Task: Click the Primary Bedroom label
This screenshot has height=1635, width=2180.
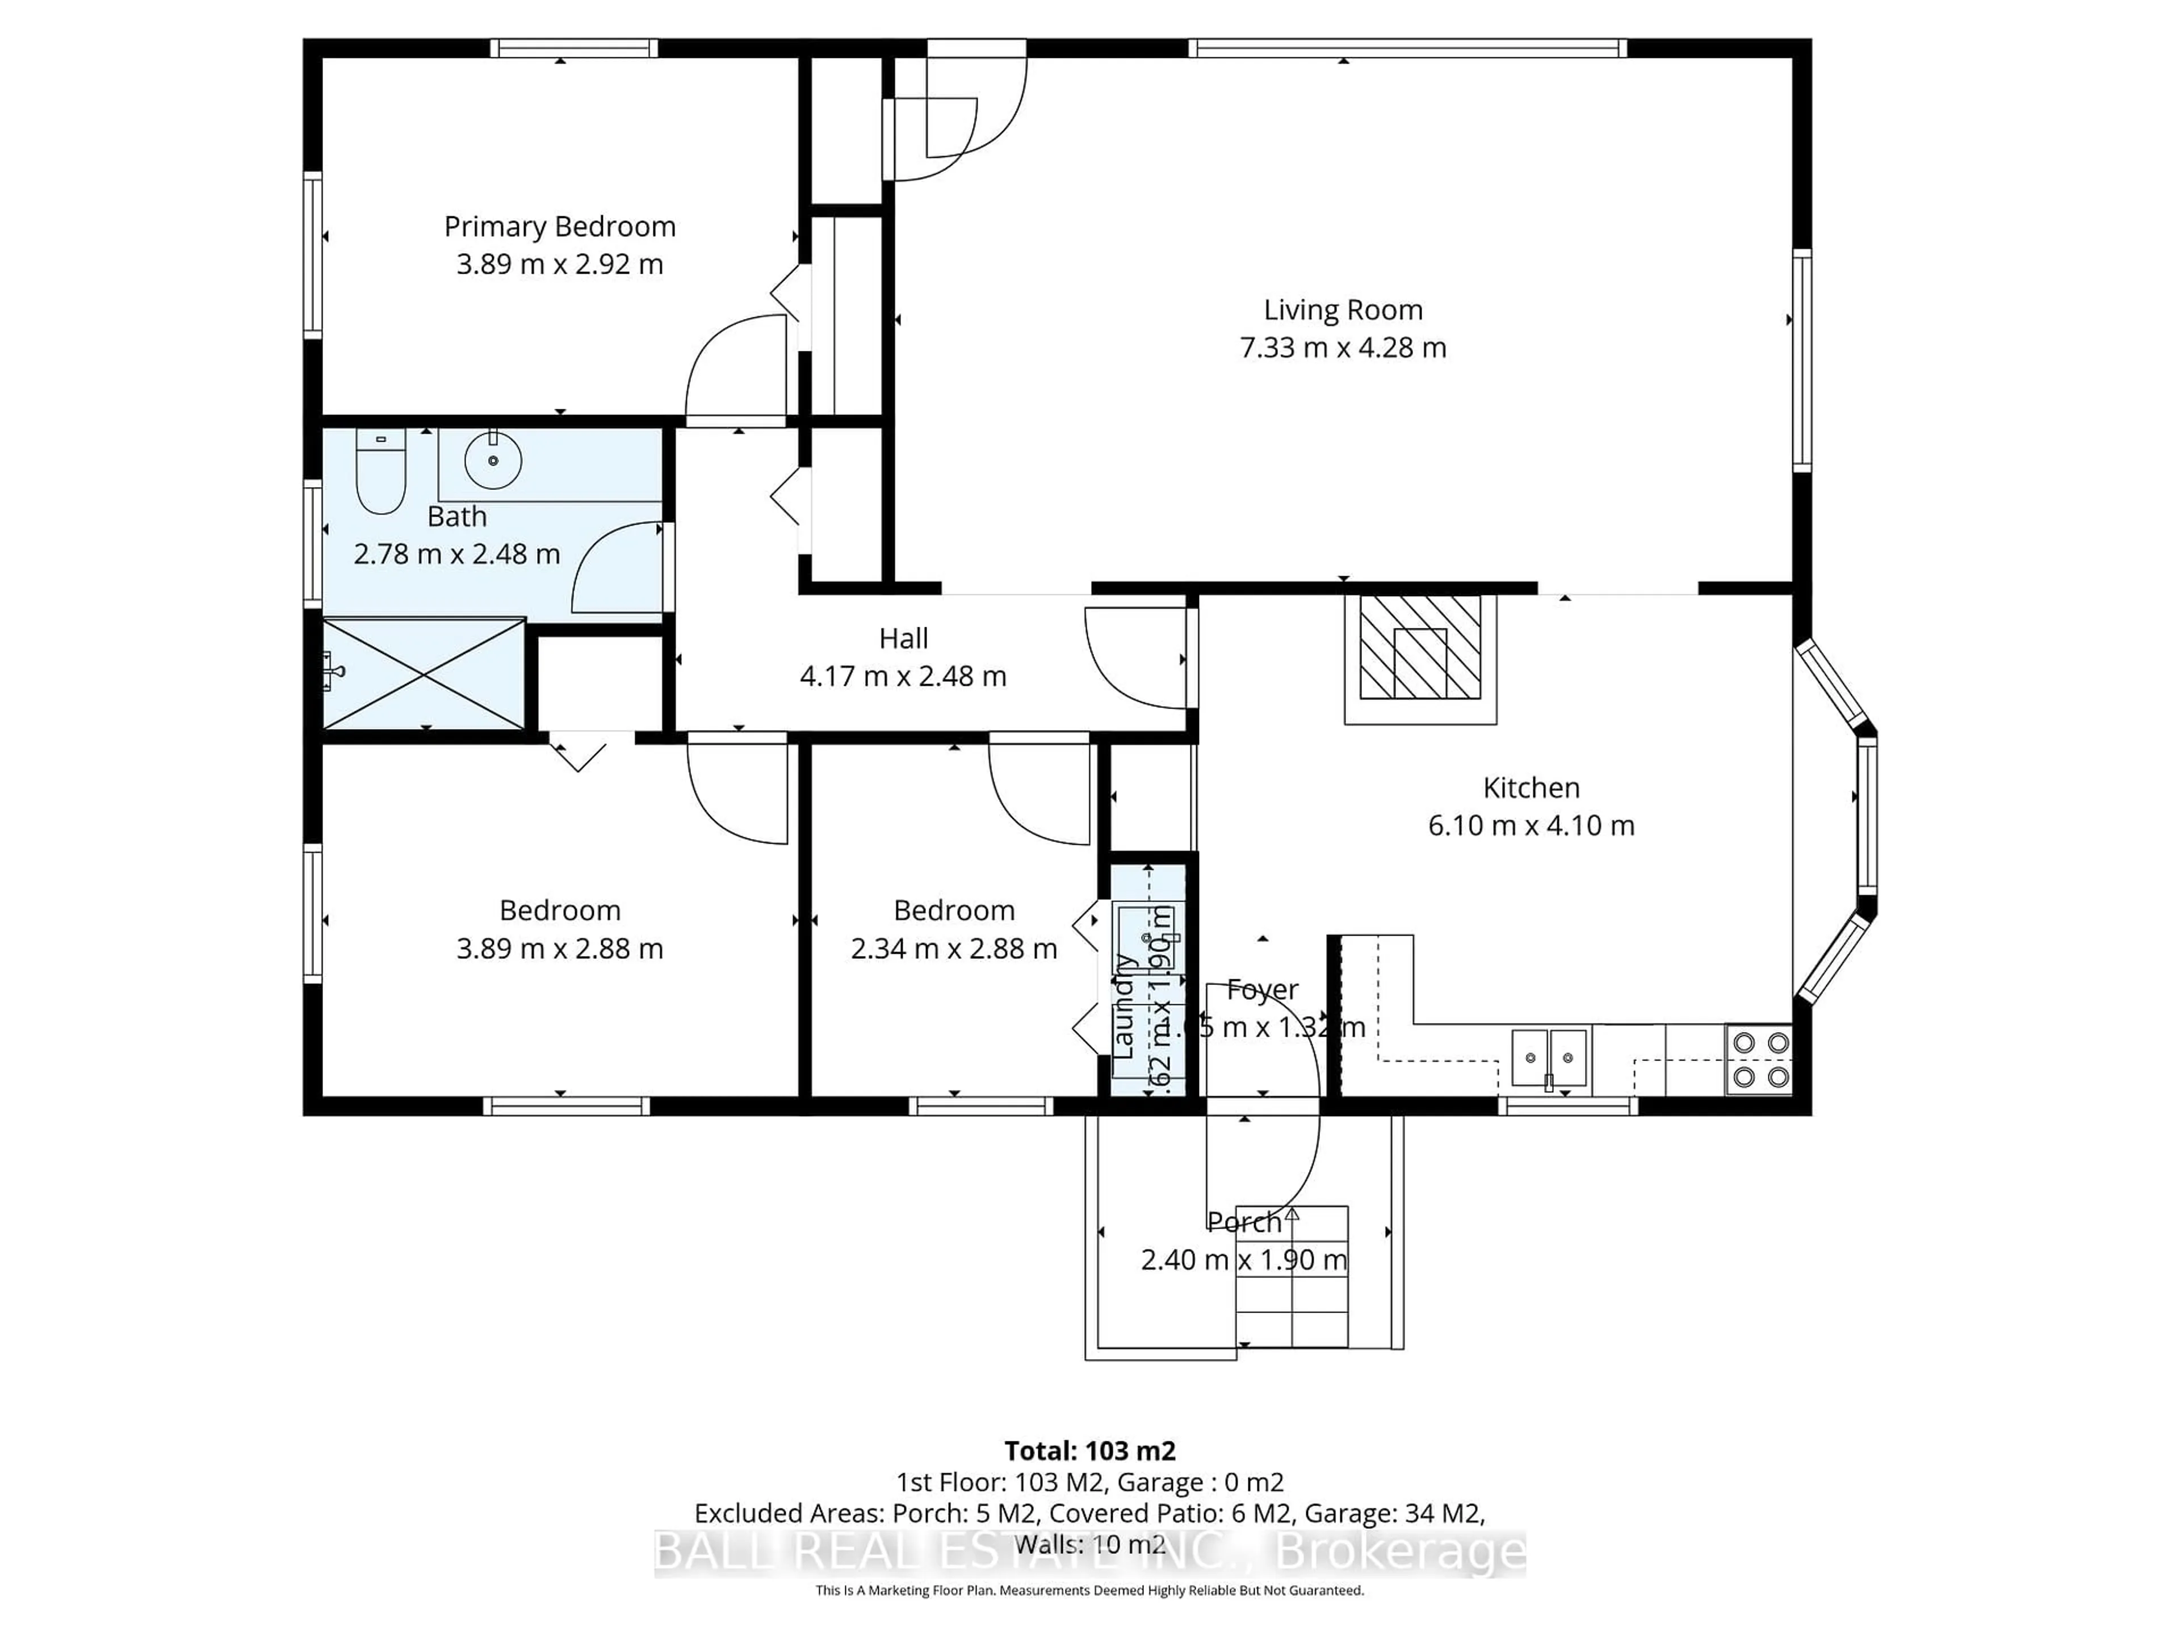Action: coord(560,227)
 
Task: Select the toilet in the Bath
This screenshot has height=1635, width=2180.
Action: coord(380,471)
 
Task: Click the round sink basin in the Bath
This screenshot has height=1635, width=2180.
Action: coord(493,460)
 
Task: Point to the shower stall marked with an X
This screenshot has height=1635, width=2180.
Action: coord(424,674)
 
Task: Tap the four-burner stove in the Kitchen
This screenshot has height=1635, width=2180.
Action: coord(1760,1059)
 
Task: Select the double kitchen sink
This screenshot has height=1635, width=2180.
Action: coord(1549,1058)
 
